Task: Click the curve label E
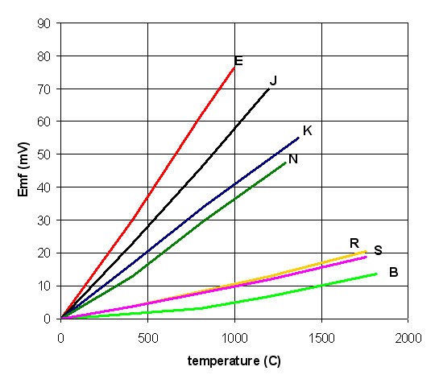(x=238, y=61)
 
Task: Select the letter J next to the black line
(x=274, y=80)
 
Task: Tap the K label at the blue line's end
(x=307, y=130)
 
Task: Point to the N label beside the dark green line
(x=293, y=159)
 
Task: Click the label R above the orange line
(x=354, y=243)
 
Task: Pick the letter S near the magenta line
(x=378, y=250)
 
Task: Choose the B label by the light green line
(x=393, y=272)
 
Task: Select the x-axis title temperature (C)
(x=234, y=360)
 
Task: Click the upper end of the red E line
(x=234, y=67)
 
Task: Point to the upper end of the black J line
(x=269, y=89)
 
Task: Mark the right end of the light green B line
(x=376, y=274)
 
